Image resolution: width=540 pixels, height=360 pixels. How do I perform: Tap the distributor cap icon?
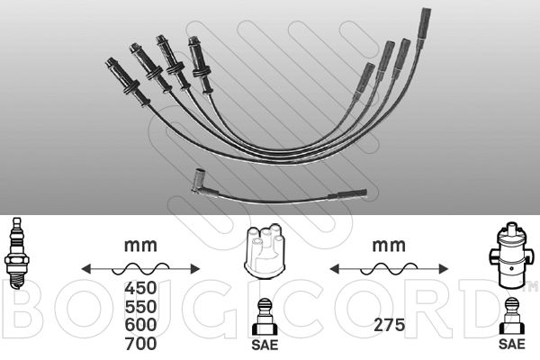(x=265, y=251)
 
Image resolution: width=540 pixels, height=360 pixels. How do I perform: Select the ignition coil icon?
(x=511, y=256)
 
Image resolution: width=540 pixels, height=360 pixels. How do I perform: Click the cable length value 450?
(x=140, y=288)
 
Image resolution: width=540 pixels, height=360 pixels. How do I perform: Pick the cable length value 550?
(x=140, y=307)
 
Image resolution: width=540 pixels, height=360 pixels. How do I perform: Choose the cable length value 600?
(x=140, y=325)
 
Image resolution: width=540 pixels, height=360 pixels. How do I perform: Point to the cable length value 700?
(x=140, y=344)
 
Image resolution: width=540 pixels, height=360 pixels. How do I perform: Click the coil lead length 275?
(x=389, y=325)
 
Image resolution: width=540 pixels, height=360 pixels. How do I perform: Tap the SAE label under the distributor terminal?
(x=265, y=345)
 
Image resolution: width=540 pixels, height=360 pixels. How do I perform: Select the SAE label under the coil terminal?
(x=512, y=344)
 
